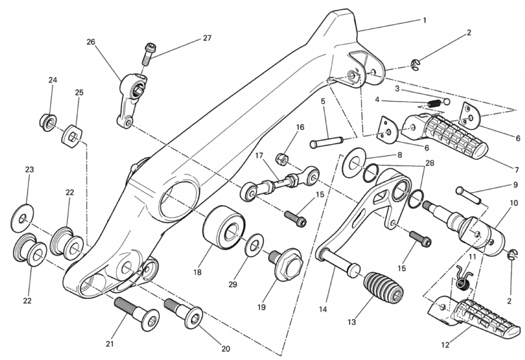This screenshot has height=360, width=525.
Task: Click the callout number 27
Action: tap(207, 38)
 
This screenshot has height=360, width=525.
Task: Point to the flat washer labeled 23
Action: tap(22, 218)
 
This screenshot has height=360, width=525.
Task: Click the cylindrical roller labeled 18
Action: tap(224, 228)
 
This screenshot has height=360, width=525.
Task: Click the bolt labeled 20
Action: tap(183, 313)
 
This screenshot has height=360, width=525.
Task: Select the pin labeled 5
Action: tap(326, 140)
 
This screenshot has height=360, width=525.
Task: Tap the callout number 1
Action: tap(425, 20)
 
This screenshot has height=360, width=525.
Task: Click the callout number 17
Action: tap(259, 156)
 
